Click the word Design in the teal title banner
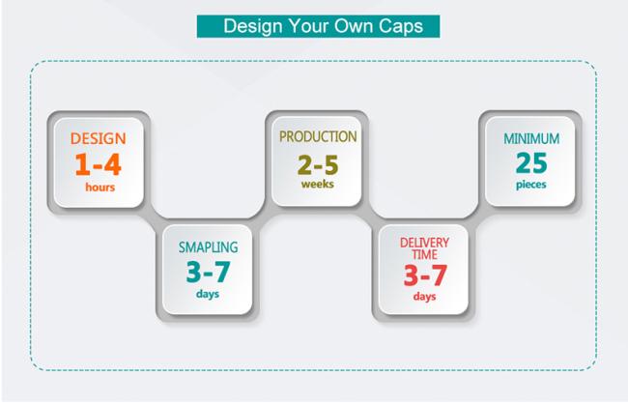tap(253, 26)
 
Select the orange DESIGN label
tap(99, 138)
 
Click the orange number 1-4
tap(98, 164)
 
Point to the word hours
tap(100, 188)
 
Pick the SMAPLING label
tap(209, 247)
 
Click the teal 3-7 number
tap(209, 272)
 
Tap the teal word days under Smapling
tap(208, 294)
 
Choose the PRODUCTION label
tap(318, 136)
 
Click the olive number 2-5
tap(318, 164)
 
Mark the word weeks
tap(318, 185)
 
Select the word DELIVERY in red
tap(424, 243)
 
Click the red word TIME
tap(424, 254)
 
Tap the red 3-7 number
tap(425, 275)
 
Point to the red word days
tap(424, 297)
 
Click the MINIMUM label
tap(531, 138)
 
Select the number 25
tap(531, 163)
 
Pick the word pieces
tap(531, 185)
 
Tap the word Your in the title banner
tap(308, 26)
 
